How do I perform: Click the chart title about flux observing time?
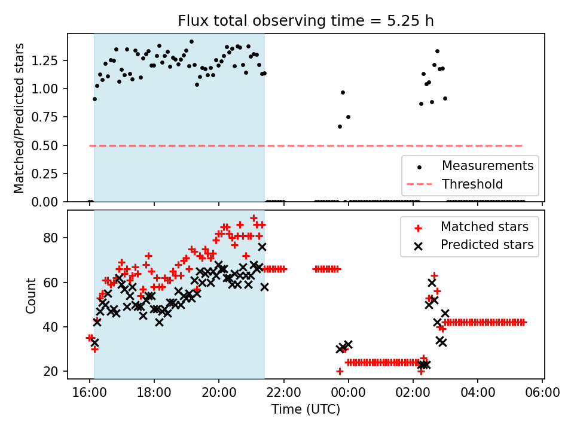coord(306,21)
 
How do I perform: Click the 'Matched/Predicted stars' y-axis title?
coord(19,118)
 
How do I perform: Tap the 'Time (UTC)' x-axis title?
coord(306,410)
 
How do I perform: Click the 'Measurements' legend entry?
coord(487,165)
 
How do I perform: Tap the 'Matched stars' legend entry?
coord(484,227)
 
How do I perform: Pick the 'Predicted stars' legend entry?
coord(487,244)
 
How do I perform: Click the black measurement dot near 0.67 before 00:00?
coord(340,126)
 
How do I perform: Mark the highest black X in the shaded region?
coord(262,247)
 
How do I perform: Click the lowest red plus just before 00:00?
coord(340,371)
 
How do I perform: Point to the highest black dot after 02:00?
coord(437,51)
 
